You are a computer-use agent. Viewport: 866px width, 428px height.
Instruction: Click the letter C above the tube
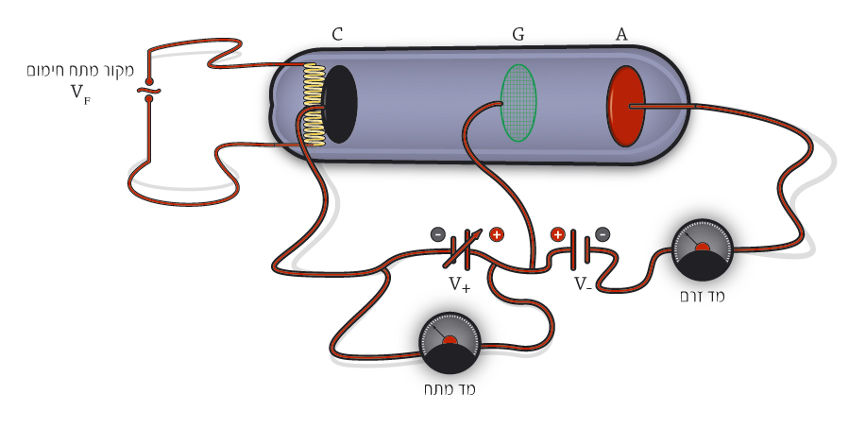(x=337, y=35)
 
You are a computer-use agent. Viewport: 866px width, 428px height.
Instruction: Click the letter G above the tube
(x=518, y=35)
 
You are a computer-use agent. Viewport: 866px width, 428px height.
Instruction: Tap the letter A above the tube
(x=621, y=35)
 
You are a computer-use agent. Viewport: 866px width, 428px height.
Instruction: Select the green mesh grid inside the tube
(x=518, y=103)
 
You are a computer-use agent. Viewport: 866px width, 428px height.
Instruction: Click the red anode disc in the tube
(x=626, y=106)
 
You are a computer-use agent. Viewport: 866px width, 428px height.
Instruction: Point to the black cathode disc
(x=340, y=104)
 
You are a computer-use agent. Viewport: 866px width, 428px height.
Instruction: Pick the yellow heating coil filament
(x=314, y=104)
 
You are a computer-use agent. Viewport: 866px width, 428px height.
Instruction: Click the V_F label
(x=80, y=93)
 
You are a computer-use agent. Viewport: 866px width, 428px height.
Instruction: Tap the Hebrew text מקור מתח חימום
(x=80, y=71)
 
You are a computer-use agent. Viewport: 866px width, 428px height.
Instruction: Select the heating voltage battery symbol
(x=148, y=91)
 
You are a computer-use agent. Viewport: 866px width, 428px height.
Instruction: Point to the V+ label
(x=460, y=284)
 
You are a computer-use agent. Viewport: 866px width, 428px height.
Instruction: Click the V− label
(x=584, y=284)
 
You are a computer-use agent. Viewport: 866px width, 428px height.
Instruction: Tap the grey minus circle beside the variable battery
(x=438, y=234)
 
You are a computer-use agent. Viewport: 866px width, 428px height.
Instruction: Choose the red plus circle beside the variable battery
(x=497, y=234)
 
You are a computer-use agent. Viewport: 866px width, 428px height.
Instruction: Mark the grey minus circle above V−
(x=603, y=234)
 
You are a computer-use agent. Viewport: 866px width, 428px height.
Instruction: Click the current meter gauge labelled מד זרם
(x=703, y=249)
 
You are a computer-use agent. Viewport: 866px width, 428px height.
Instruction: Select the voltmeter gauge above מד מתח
(x=450, y=342)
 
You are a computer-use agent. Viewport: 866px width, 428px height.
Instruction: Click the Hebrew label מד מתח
(x=450, y=389)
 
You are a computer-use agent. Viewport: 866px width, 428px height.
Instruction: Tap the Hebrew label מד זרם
(x=702, y=296)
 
